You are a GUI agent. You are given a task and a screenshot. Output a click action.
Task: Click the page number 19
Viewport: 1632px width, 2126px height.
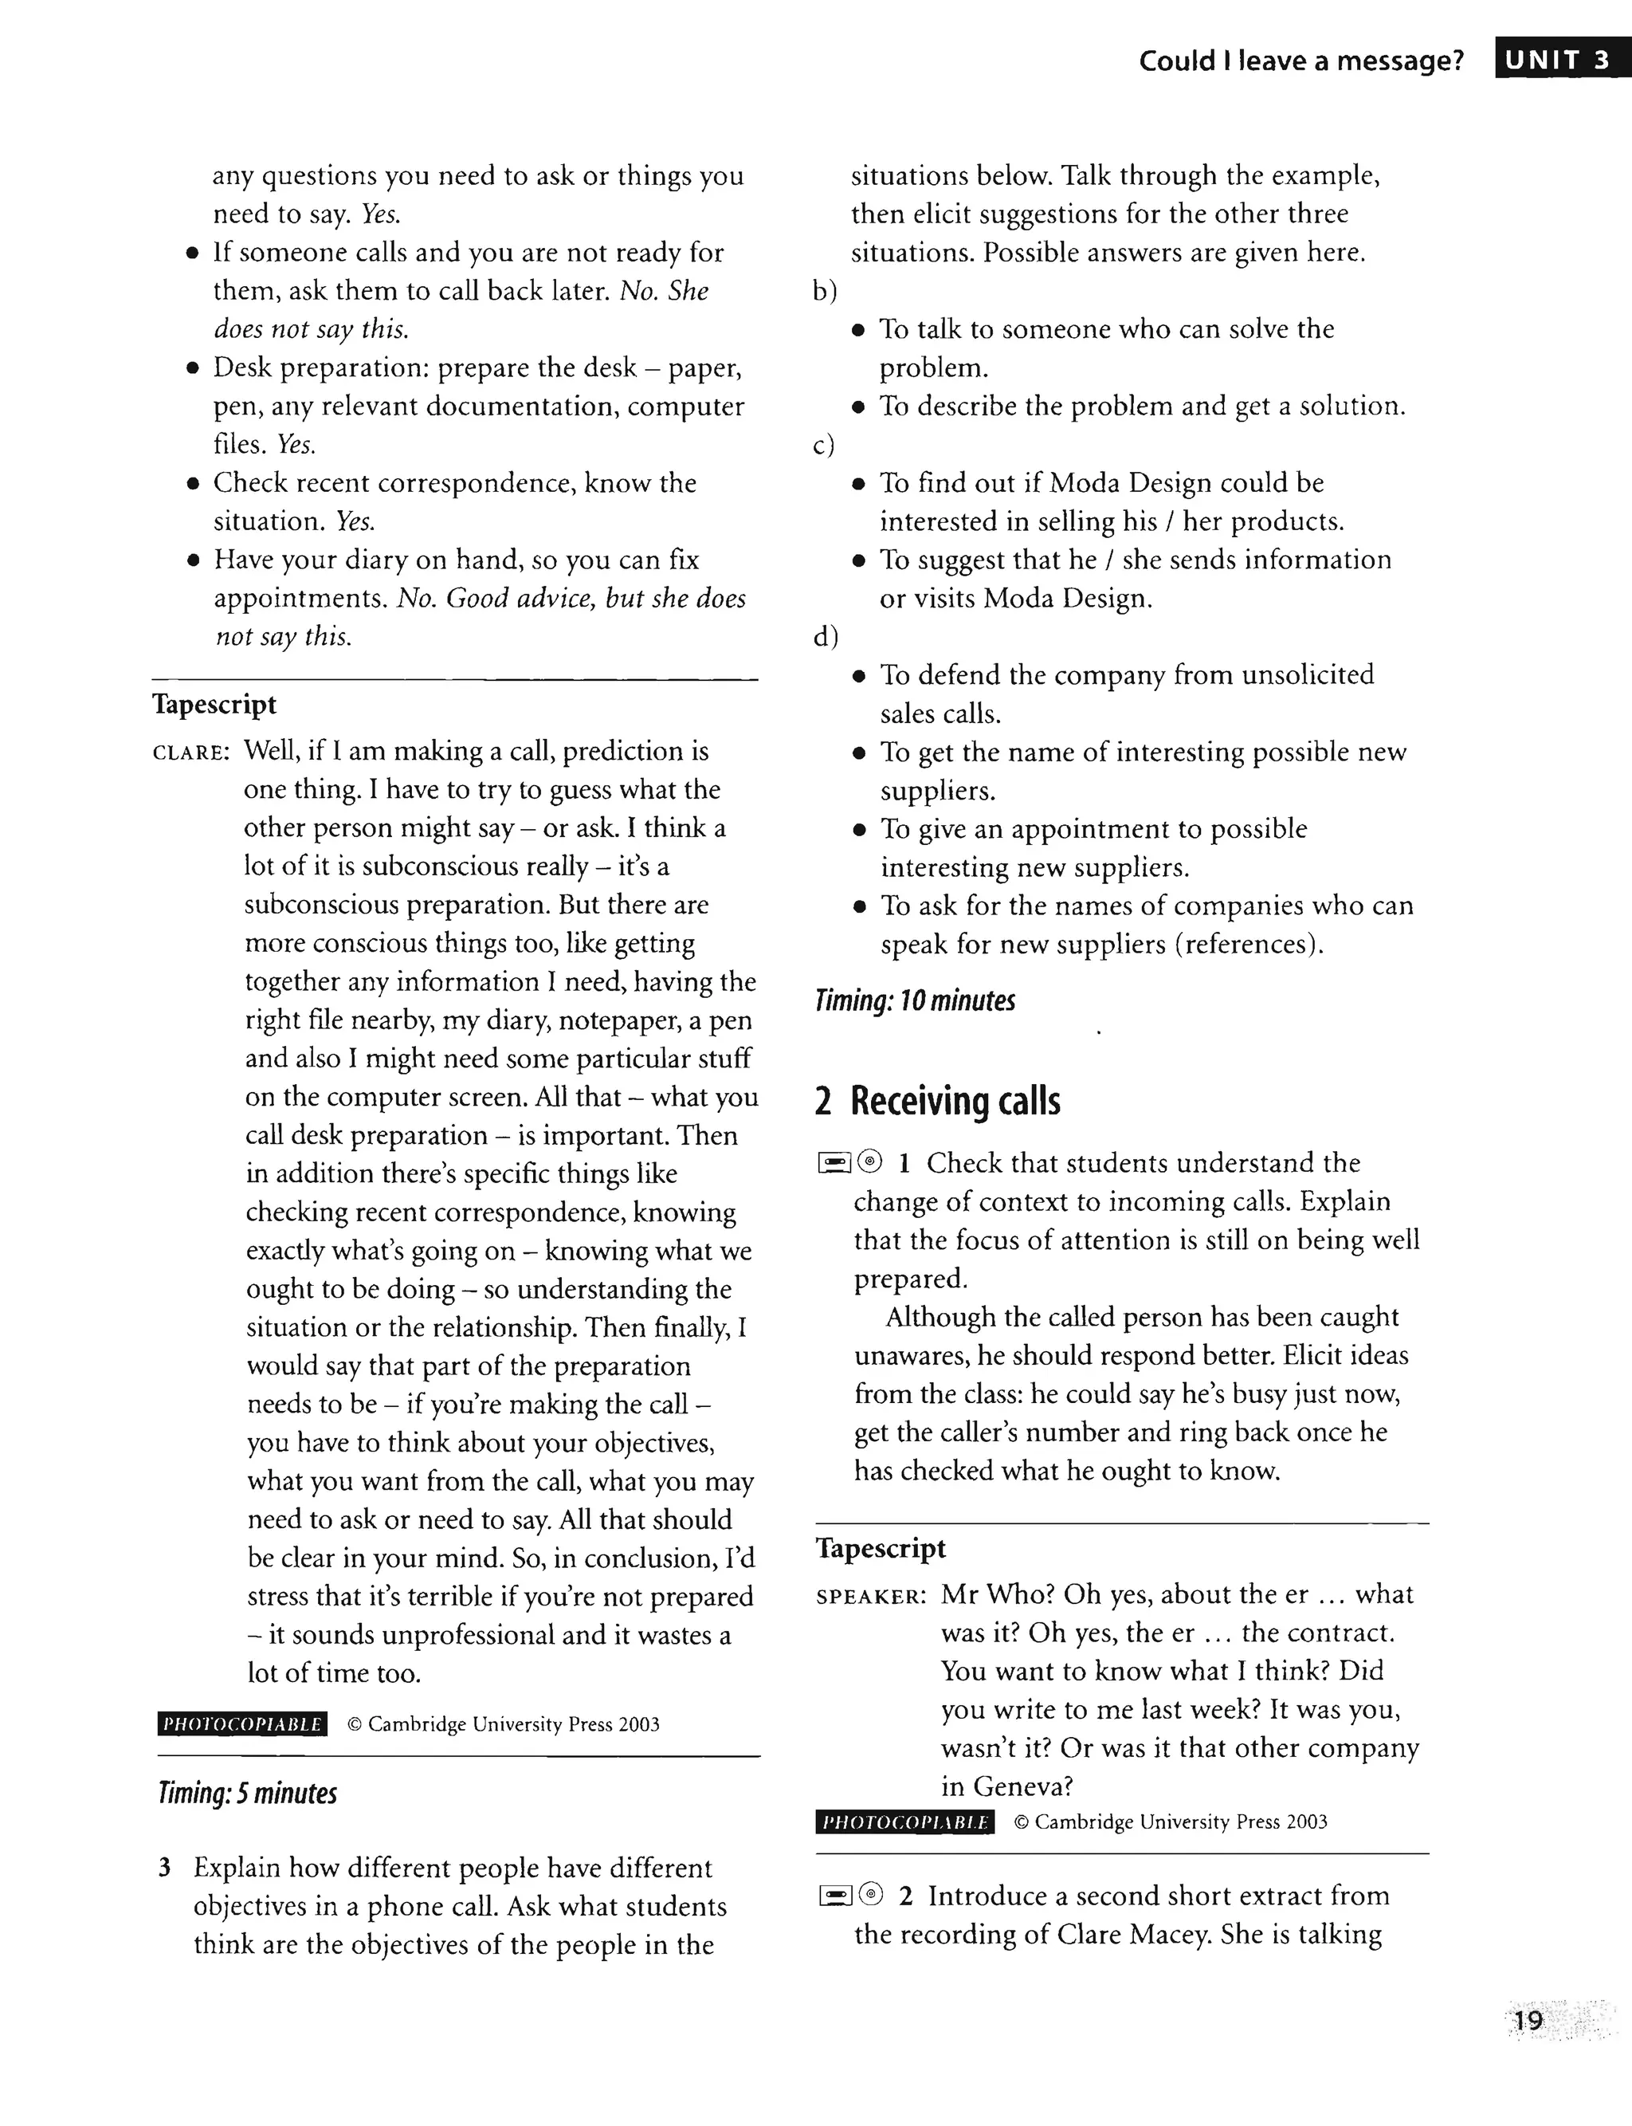[1528, 2020]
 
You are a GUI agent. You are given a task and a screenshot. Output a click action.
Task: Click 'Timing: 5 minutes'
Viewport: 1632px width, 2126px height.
[247, 1793]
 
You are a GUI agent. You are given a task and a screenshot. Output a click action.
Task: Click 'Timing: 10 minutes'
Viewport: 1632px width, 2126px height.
[915, 1000]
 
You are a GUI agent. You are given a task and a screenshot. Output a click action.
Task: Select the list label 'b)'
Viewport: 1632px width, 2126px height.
[825, 290]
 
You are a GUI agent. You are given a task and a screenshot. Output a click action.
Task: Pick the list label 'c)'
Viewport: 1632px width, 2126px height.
[824, 445]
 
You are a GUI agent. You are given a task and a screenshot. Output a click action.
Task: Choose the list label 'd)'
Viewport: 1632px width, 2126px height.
[825, 636]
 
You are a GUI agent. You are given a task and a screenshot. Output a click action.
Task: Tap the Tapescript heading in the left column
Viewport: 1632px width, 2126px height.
[214, 705]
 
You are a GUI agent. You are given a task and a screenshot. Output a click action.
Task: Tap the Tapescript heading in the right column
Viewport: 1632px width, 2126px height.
[880, 1548]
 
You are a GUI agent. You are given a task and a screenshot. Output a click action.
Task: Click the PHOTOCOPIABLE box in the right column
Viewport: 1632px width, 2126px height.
[904, 1821]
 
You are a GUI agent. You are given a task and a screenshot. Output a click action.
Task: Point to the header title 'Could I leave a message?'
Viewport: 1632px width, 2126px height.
[1300, 61]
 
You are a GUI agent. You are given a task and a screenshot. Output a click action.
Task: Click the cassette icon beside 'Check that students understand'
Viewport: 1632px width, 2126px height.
[834, 1162]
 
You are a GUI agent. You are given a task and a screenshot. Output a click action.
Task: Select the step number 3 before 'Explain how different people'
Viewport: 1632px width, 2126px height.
[165, 1868]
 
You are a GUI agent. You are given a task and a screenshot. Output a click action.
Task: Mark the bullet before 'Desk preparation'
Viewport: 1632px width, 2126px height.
[194, 368]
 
